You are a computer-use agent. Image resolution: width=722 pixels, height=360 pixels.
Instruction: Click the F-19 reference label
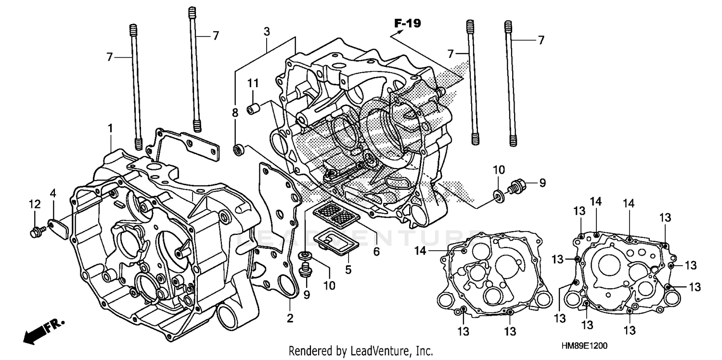pos(407,23)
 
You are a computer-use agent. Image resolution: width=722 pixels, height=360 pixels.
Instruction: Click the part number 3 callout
pos(266,32)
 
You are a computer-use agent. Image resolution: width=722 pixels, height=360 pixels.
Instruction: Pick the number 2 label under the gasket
pos(290,318)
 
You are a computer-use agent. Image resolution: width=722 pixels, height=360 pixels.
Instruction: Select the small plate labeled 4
pos(57,226)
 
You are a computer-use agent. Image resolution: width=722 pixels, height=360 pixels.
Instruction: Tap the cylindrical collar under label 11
pos(253,109)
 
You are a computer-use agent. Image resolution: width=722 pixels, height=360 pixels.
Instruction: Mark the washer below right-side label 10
pos(499,194)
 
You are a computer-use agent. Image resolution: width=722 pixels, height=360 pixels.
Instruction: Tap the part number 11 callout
pos(253,84)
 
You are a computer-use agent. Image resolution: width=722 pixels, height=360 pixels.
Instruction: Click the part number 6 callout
pos(376,251)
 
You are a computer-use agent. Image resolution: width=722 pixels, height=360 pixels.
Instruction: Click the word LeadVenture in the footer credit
pos(380,350)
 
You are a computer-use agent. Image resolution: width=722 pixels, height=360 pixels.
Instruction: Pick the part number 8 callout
pos(235,113)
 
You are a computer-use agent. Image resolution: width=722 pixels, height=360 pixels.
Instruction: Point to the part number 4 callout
pos(53,194)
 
